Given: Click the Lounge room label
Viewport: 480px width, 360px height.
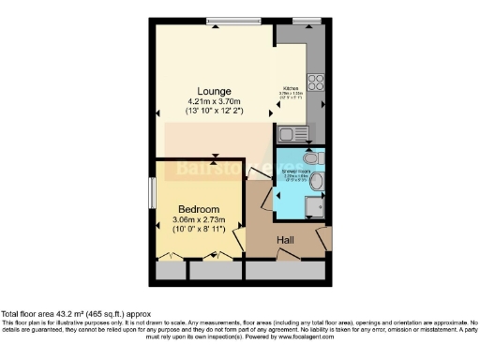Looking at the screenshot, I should tap(214, 91).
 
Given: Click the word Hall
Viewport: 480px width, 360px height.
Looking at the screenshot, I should tap(287, 241).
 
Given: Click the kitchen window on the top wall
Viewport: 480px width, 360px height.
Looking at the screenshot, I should tap(306, 22).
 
